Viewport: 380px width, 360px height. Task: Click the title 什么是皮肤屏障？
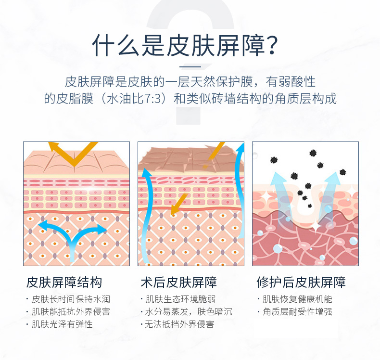(x=186, y=45)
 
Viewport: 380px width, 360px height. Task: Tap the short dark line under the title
(x=190, y=66)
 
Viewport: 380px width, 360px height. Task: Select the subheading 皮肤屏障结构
(x=64, y=282)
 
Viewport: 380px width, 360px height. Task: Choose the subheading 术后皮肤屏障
(x=178, y=282)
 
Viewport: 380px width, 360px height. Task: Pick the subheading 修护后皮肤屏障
(x=301, y=282)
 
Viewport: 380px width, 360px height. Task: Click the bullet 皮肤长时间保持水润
(x=70, y=299)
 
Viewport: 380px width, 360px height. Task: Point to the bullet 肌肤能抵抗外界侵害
(x=70, y=311)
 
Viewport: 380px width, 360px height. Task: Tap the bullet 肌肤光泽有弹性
(x=62, y=324)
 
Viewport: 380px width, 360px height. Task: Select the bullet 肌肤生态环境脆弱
(x=180, y=299)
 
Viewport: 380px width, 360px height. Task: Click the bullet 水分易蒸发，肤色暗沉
(x=188, y=311)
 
